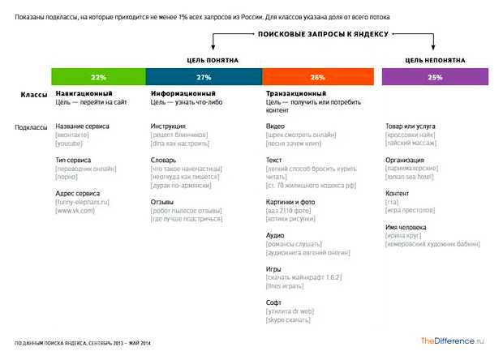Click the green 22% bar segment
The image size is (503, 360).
[x=98, y=77]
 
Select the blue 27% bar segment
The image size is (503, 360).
[x=204, y=77]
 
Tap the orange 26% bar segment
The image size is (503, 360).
[x=317, y=77]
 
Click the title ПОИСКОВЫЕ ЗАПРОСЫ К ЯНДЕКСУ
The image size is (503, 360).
[x=323, y=35]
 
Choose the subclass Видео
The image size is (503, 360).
[x=275, y=126]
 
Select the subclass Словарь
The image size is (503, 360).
[x=164, y=161]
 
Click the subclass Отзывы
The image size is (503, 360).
[x=164, y=201]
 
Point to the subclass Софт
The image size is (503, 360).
[x=274, y=302]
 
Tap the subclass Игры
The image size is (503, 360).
[x=274, y=268]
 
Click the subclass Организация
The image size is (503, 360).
[x=404, y=161]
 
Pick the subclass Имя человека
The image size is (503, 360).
[x=406, y=227]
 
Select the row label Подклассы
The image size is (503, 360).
[x=31, y=127]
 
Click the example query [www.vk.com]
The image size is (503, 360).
[x=75, y=211]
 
